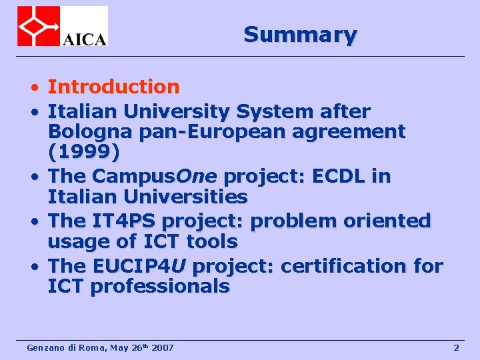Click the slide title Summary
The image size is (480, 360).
click(x=300, y=34)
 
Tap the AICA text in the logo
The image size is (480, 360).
click(x=84, y=38)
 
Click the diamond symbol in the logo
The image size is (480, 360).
click(x=37, y=26)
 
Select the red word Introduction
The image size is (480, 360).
click(x=113, y=87)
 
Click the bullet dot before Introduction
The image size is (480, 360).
click(x=33, y=88)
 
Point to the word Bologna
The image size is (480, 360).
click(x=91, y=132)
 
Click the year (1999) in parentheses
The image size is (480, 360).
click(x=84, y=153)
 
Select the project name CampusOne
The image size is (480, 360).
click(x=155, y=176)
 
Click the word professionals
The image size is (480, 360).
click(x=159, y=287)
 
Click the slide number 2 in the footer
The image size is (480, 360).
click(x=456, y=347)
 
